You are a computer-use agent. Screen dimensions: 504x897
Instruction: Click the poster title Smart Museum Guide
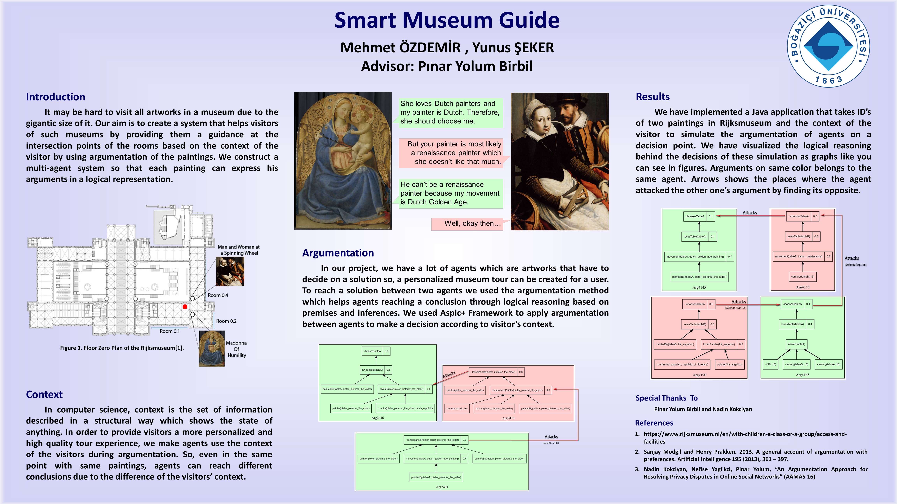pos(447,20)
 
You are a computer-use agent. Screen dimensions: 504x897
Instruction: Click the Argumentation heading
pos(338,253)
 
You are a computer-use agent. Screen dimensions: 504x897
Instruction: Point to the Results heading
pos(653,97)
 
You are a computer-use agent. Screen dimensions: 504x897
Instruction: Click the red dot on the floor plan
pos(185,306)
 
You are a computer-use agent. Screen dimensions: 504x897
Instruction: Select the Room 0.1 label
pos(170,331)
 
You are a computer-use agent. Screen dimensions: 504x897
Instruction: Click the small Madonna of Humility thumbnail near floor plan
pos(212,348)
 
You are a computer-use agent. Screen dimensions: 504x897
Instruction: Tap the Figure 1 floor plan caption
pos(122,348)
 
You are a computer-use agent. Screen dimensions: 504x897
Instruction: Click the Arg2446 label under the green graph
pos(377,418)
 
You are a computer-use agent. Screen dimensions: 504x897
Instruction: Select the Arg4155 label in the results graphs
pos(803,287)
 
